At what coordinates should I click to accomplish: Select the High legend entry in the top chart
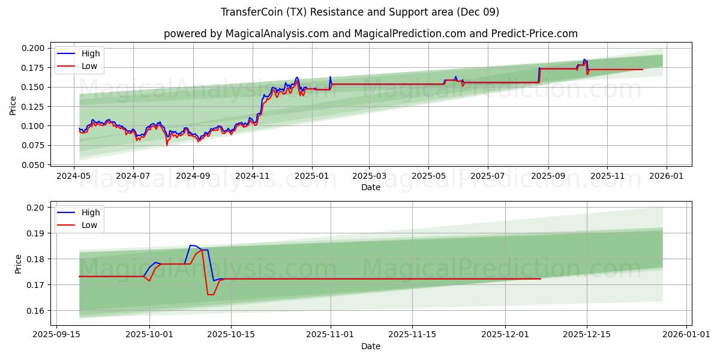[x=91, y=53]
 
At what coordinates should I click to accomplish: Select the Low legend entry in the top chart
[x=89, y=67]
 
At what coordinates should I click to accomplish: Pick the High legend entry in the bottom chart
[x=91, y=212]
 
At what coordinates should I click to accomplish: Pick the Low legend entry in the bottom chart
[x=89, y=225]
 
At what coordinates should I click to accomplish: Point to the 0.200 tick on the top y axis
[x=34, y=48]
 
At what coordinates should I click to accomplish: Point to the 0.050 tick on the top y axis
[x=34, y=164]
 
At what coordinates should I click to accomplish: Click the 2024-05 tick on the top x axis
[x=74, y=176]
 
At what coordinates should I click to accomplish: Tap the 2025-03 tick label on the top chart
[x=369, y=176]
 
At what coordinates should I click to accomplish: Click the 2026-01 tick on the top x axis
[x=667, y=176]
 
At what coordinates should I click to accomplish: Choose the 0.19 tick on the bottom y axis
[x=37, y=233]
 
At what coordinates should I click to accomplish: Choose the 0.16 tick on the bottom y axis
[x=37, y=310]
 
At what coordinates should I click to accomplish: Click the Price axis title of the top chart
[x=13, y=106]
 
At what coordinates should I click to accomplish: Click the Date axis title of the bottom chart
[x=370, y=346]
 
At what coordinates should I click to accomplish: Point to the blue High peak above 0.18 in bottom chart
[x=191, y=245]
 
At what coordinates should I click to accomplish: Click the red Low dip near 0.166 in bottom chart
[x=210, y=294]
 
